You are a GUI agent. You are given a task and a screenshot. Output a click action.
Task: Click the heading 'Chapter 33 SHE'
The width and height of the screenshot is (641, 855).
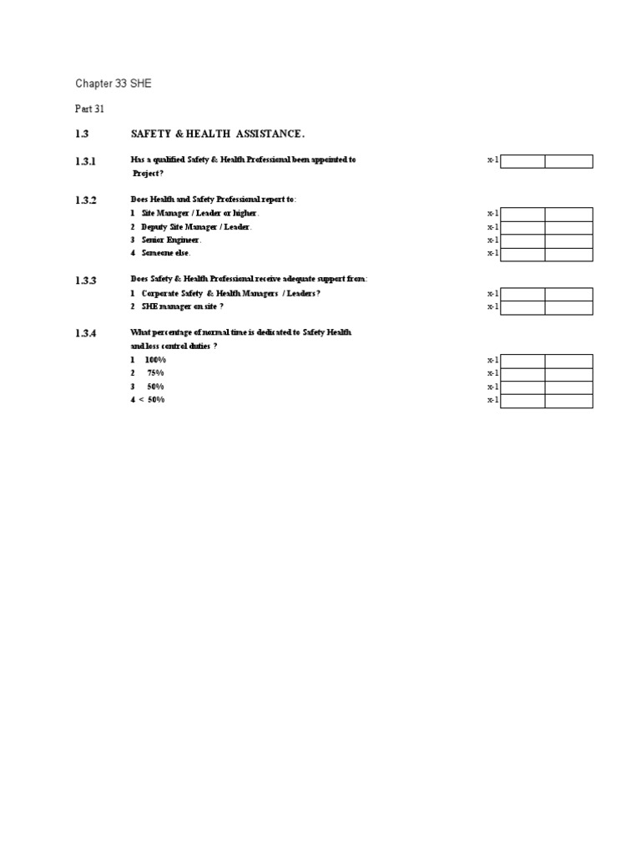pyautogui.click(x=114, y=84)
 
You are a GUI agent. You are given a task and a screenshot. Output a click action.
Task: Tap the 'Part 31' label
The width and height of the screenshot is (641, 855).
pyautogui.click(x=90, y=109)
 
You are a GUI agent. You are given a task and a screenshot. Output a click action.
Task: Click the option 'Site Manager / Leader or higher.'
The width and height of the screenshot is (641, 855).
pyautogui.click(x=194, y=214)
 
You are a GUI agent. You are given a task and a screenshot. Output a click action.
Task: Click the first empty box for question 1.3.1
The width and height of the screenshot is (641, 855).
pyautogui.click(x=522, y=161)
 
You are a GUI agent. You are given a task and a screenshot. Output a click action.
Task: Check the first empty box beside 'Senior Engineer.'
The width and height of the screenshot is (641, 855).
pyautogui.click(x=522, y=240)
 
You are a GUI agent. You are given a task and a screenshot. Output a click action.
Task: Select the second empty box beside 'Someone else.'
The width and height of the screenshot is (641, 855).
pyautogui.click(x=568, y=254)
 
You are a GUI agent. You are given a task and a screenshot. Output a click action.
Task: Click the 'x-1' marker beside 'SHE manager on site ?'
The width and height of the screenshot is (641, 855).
pyautogui.click(x=492, y=307)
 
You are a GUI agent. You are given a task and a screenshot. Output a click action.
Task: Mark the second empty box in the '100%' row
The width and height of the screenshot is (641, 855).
pyautogui.click(x=568, y=361)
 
